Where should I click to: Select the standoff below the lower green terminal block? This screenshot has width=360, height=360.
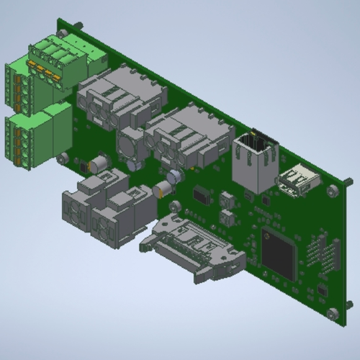63,158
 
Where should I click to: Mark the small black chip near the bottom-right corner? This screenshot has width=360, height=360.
322,291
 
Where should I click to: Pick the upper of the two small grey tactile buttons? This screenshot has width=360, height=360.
228,198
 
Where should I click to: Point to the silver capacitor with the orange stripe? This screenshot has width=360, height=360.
163,190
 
